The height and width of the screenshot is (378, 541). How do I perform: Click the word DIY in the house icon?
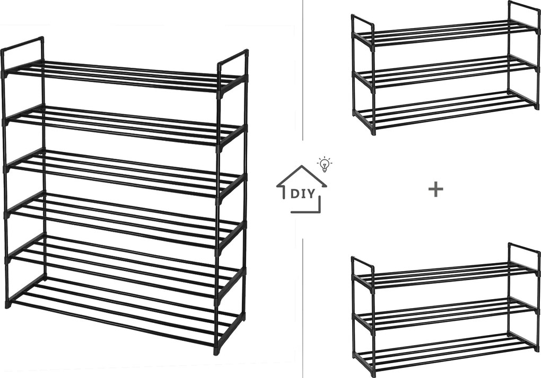pos(303,193)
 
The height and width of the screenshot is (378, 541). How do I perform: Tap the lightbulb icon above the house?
pos(324,164)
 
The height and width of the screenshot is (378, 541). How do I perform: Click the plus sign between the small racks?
pos(435,190)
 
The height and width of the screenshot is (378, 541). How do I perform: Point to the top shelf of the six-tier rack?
pos(125,76)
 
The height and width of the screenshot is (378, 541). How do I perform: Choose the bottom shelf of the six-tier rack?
pos(125,310)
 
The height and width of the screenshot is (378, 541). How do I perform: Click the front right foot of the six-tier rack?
pos(216,351)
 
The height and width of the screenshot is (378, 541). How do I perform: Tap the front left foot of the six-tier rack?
pos(8,304)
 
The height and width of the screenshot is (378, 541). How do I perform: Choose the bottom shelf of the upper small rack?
pos(446,110)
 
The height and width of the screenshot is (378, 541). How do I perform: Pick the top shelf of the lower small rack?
pos(446,276)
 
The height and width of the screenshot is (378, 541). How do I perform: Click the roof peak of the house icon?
pos(302,166)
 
